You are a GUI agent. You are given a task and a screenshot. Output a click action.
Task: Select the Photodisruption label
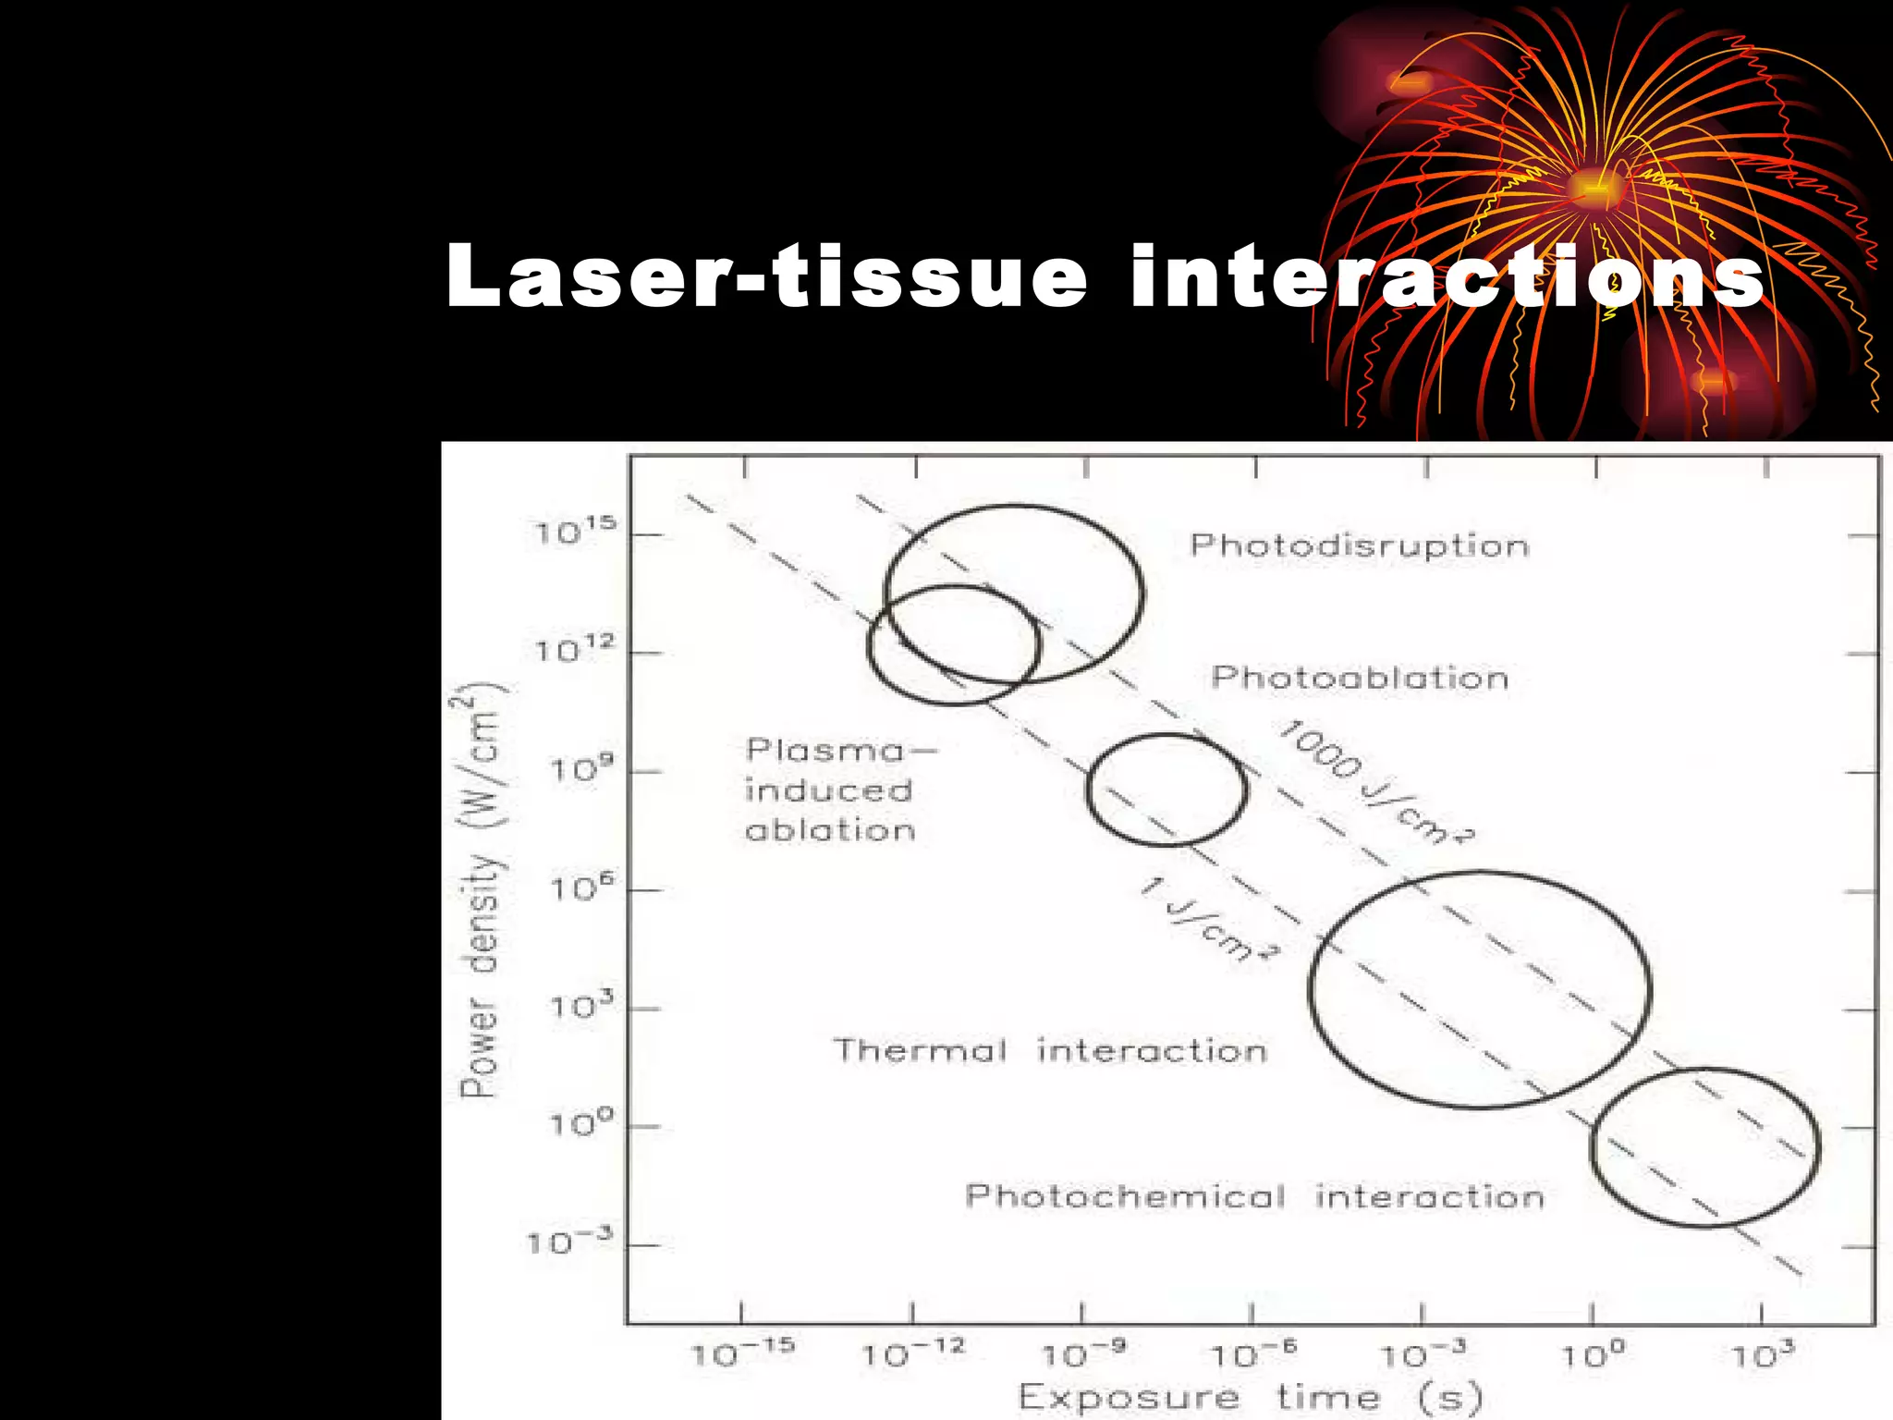pos(1359,545)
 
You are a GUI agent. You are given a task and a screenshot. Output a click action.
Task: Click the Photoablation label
pos(1360,678)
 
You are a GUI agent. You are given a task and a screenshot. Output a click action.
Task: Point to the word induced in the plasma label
pos(829,790)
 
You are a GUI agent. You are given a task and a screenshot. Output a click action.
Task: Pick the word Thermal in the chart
pos(920,1050)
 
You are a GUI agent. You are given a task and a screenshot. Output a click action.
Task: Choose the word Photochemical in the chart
pos(1125,1196)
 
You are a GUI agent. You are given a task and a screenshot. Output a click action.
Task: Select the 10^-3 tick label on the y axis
pos(569,1242)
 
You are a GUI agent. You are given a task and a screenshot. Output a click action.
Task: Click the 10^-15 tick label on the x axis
pos(743,1353)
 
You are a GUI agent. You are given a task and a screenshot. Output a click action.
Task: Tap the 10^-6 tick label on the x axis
pos(1253,1353)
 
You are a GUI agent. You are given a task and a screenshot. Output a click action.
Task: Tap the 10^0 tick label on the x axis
pos(1593,1353)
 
